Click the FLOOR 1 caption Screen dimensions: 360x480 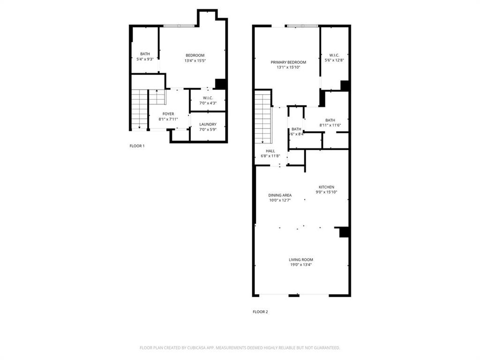pyautogui.click(x=137, y=146)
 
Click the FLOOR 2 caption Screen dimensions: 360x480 pyautogui.click(x=260, y=312)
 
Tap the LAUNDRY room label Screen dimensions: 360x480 pyautogui.click(x=208, y=124)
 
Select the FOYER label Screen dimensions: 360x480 pyautogui.click(x=168, y=114)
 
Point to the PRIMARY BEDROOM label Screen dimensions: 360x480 pyautogui.click(x=288, y=62)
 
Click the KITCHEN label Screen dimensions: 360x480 pyautogui.click(x=326, y=187)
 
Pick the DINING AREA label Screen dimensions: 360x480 pyautogui.click(x=280, y=195)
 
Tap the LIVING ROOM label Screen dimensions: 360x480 pyautogui.click(x=300, y=260)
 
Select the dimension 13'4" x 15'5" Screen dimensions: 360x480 pyautogui.click(x=195, y=60)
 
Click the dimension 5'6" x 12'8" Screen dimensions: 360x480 pyautogui.click(x=334, y=60)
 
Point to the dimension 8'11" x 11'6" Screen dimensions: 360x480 pyautogui.click(x=330, y=125)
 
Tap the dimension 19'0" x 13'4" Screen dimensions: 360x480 pyautogui.click(x=300, y=265)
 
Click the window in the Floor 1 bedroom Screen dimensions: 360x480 pyautogui.click(x=178, y=25)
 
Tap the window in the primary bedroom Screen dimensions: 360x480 pyautogui.click(x=302, y=26)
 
